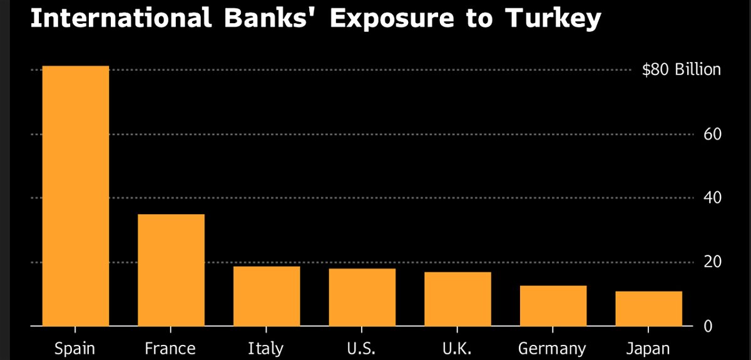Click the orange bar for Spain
[x=76, y=195]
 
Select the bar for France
[x=171, y=270]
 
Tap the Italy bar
[x=267, y=296]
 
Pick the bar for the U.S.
[x=362, y=297]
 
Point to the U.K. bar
[x=457, y=299]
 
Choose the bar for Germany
[x=553, y=306]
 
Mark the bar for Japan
[x=649, y=308]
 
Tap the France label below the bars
[x=171, y=348]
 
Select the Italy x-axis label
[x=267, y=348]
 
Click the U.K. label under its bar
[x=457, y=348]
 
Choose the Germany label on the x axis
[x=553, y=349]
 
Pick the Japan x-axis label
[x=649, y=349]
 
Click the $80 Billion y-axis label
[x=682, y=69]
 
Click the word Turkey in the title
[x=554, y=20]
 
